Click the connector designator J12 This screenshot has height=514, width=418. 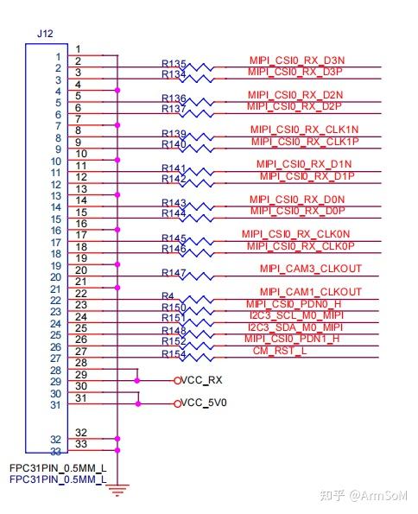tap(46, 32)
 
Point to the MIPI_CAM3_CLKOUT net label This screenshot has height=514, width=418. tap(310, 269)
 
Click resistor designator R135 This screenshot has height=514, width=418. tap(174, 64)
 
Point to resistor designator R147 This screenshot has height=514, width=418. tap(174, 273)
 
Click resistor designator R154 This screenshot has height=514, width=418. tap(174, 354)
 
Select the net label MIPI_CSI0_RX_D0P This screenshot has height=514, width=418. tap(297, 211)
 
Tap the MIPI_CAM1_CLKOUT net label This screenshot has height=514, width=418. tap(310, 292)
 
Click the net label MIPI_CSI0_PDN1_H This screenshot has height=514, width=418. tap(292, 339)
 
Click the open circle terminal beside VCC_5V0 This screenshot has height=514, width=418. tap(177, 403)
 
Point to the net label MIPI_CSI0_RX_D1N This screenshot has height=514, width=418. tap(303, 164)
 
